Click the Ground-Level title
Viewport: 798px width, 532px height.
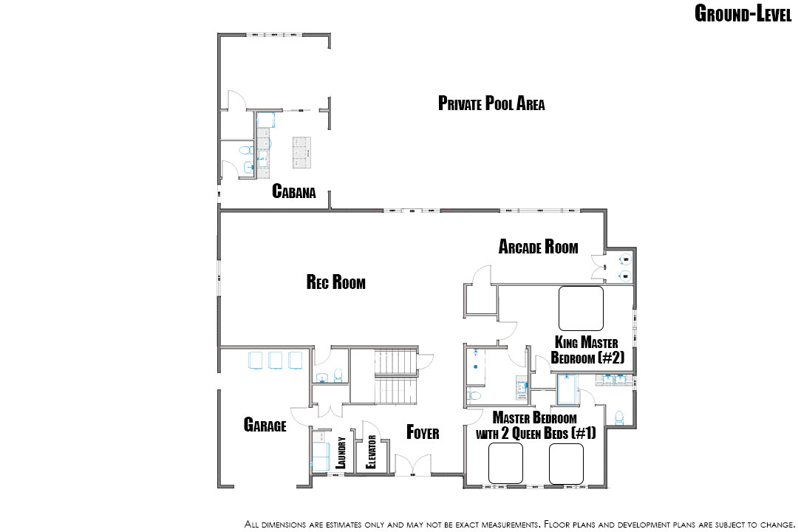click(x=743, y=13)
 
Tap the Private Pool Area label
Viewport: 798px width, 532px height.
click(x=491, y=103)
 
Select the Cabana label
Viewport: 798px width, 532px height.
click(x=293, y=191)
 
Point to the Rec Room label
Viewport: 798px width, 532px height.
click(x=336, y=282)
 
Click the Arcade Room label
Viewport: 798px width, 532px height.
click(x=538, y=246)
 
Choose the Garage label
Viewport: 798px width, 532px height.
click(x=265, y=425)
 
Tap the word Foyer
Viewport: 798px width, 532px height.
click(x=423, y=432)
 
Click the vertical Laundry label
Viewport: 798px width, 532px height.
click(x=341, y=453)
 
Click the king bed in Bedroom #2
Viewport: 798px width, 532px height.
click(x=581, y=308)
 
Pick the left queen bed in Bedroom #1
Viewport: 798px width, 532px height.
click(x=505, y=463)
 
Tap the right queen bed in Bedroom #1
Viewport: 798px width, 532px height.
click(x=566, y=463)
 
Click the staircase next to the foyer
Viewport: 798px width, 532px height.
click(x=396, y=377)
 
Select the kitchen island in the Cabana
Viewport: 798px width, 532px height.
click(x=301, y=152)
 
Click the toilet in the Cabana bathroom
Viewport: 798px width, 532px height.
click(x=246, y=150)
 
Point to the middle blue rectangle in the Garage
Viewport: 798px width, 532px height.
click(x=276, y=360)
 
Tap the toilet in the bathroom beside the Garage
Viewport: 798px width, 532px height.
click(x=338, y=375)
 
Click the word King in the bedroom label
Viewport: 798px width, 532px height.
click(x=566, y=341)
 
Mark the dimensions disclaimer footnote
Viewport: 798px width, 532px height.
click(x=519, y=525)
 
